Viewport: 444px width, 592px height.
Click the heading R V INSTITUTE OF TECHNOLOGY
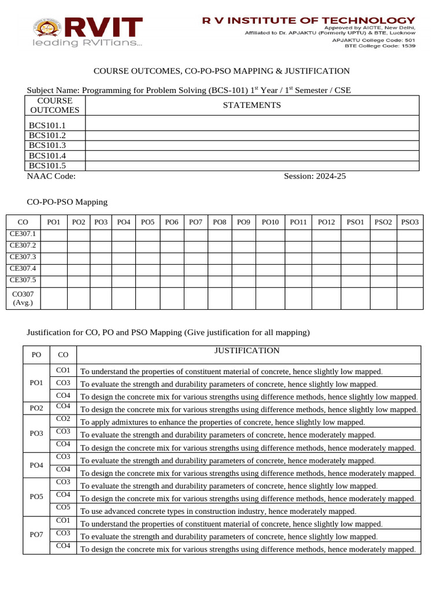pyautogui.click(x=308, y=20)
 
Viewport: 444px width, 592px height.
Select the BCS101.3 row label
pyautogui.click(x=47, y=146)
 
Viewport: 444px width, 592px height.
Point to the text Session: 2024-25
pyautogui.click(x=314, y=177)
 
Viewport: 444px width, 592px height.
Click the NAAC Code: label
pyautogui.click(x=51, y=177)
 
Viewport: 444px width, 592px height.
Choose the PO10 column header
pyautogui.click(x=270, y=222)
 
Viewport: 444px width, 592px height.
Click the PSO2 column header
pyautogui.click(x=383, y=222)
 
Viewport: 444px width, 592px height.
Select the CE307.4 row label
pyautogui.click(x=23, y=269)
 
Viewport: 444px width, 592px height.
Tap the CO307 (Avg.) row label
pyautogui.click(x=23, y=298)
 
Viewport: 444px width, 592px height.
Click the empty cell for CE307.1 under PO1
pyautogui.click(x=53, y=235)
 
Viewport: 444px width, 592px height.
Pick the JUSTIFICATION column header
pyautogui.click(x=247, y=351)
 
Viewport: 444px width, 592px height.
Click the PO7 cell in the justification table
pyautogui.click(x=36, y=535)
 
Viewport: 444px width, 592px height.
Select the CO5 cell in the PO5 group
pyautogui.click(x=64, y=508)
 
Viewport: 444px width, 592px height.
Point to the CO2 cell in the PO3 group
pyautogui.click(x=64, y=419)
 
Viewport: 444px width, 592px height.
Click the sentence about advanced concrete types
pyautogui.click(x=218, y=511)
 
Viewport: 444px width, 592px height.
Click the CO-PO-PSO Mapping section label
pyautogui.click(x=67, y=202)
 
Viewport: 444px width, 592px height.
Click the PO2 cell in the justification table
pyautogui.click(x=36, y=409)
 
